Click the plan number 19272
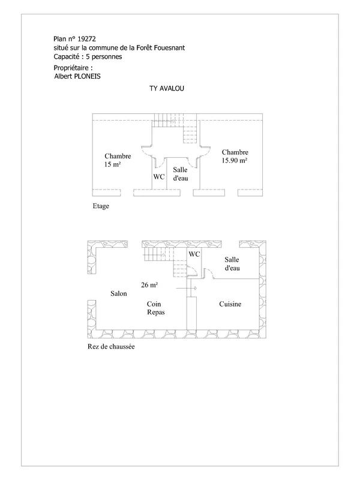(86, 39)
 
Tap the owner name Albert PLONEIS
(77, 76)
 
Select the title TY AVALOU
(167, 88)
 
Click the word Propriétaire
(71, 68)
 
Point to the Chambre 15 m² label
(118, 160)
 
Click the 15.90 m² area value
(235, 160)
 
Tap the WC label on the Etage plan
(159, 176)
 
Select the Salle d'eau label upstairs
(181, 174)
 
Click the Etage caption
(101, 206)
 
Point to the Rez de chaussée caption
(111, 347)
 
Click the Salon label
(118, 293)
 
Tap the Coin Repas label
(155, 308)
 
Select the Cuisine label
(230, 304)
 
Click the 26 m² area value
(149, 285)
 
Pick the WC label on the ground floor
(194, 254)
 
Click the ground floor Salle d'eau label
(232, 264)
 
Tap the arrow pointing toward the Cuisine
(186, 289)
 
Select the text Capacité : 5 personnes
(88, 56)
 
